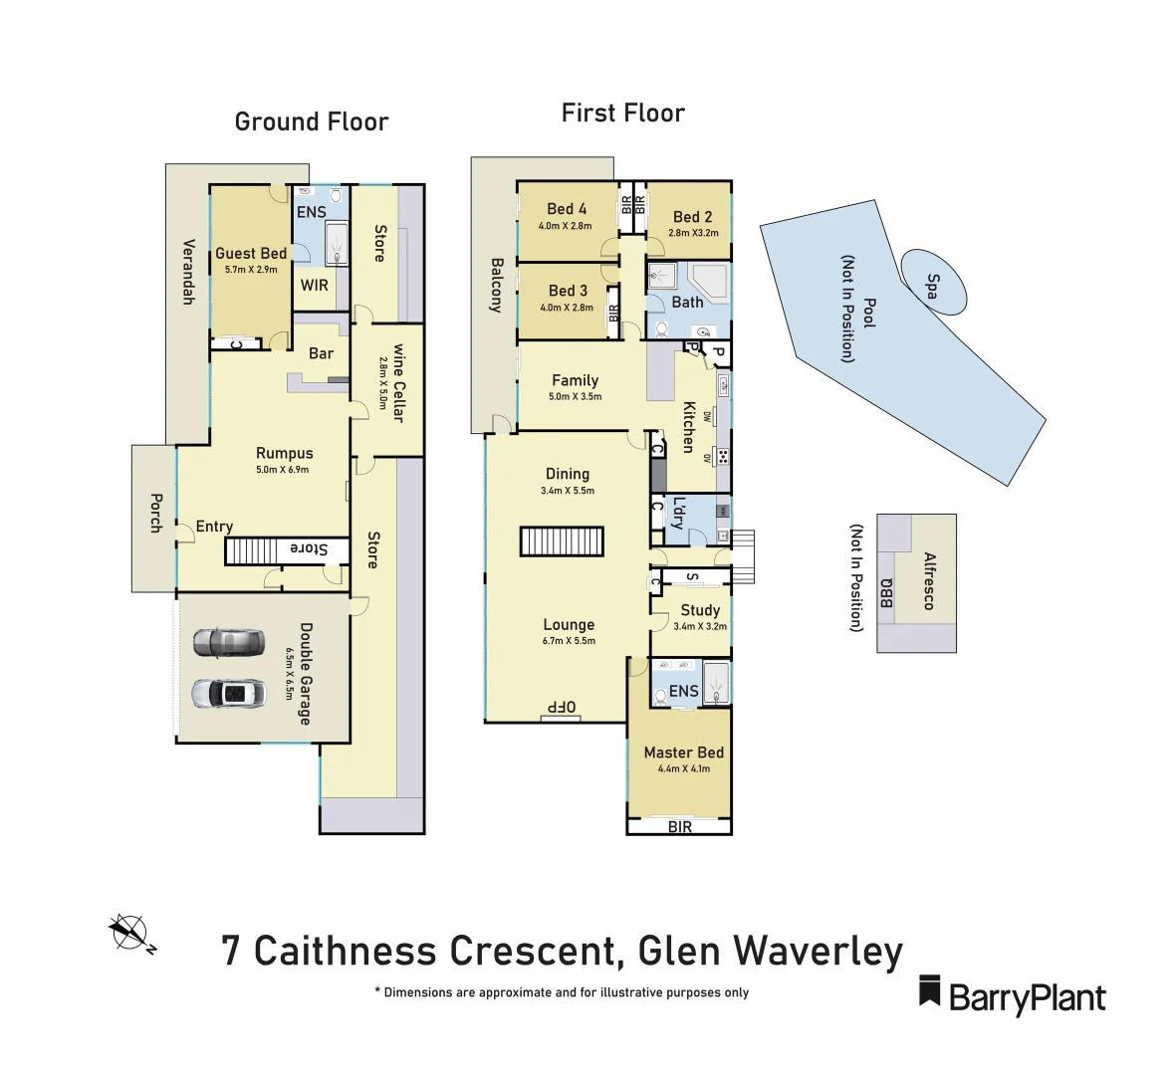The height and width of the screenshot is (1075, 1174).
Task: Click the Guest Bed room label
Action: (x=251, y=254)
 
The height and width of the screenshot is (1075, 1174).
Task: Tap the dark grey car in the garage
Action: (x=229, y=643)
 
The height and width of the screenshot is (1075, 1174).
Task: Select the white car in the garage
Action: (x=229, y=693)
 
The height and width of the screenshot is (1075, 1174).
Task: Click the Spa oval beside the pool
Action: (x=933, y=282)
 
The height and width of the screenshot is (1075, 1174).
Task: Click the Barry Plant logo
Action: (x=1012, y=995)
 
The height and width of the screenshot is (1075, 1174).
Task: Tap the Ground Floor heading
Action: (x=312, y=122)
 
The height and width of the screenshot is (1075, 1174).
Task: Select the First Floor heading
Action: (x=623, y=113)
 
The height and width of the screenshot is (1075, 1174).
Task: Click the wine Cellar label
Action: (x=398, y=383)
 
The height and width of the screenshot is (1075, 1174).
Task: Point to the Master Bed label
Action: (x=683, y=752)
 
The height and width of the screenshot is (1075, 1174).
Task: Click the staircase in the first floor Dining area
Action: (x=562, y=541)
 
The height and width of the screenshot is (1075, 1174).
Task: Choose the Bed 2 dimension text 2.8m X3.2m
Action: (x=693, y=233)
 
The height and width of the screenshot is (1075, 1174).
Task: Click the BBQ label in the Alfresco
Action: (x=886, y=592)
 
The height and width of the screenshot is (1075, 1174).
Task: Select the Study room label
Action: (x=700, y=610)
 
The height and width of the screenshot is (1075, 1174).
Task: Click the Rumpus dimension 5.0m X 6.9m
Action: (x=283, y=470)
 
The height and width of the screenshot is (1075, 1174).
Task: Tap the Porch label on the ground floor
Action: (x=155, y=513)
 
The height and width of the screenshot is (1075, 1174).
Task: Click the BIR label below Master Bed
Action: (x=680, y=827)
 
